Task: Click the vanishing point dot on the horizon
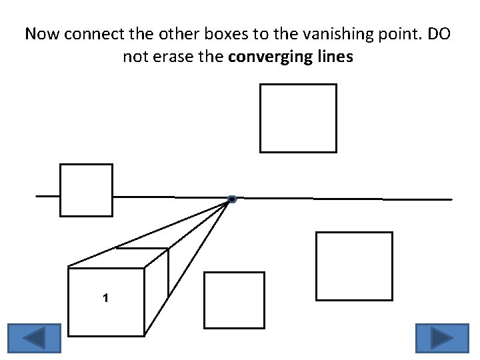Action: [231, 199]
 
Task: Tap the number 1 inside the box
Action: [105, 298]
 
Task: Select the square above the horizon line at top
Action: [298, 118]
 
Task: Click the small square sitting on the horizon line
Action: [86, 190]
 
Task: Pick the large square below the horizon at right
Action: [354, 266]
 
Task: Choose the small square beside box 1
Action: [234, 300]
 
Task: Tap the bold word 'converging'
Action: [261, 57]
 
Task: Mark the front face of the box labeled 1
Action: [107, 313]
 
